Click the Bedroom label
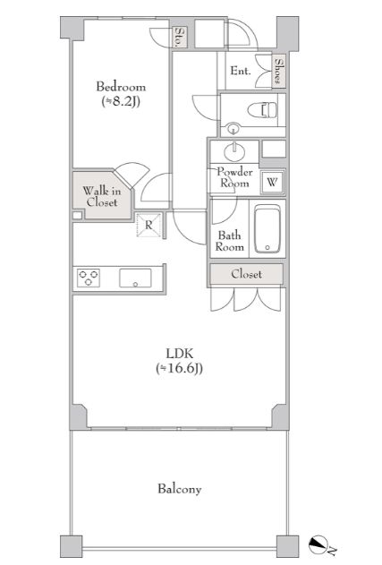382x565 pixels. tap(121, 87)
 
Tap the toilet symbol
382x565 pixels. tap(262, 109)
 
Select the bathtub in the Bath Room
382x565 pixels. tap(267, 229)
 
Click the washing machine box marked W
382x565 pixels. tap(272, 182)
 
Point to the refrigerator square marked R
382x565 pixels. tap(149, 225)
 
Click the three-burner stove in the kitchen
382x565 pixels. tap(89, 278)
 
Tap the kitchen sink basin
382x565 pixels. tap(135, 278)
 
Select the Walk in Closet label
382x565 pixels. tap(102, 196)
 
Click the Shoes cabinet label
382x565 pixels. tap(278, 71)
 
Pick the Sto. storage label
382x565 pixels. tap(179, 37)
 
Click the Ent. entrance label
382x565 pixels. tap(241, 71)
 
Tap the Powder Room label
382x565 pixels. tap(234, 177)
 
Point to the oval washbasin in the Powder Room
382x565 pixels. tap(234, 151)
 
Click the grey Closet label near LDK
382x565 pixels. tap(247, 274)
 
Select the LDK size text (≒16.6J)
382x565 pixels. tap(179, 368)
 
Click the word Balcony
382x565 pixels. tap(179, 489)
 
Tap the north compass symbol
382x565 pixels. tap(319, 544)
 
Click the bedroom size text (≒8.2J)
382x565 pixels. tap(120, 101)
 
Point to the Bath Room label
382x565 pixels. tap(229, 241)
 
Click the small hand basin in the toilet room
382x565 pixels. tap(233, 128)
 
